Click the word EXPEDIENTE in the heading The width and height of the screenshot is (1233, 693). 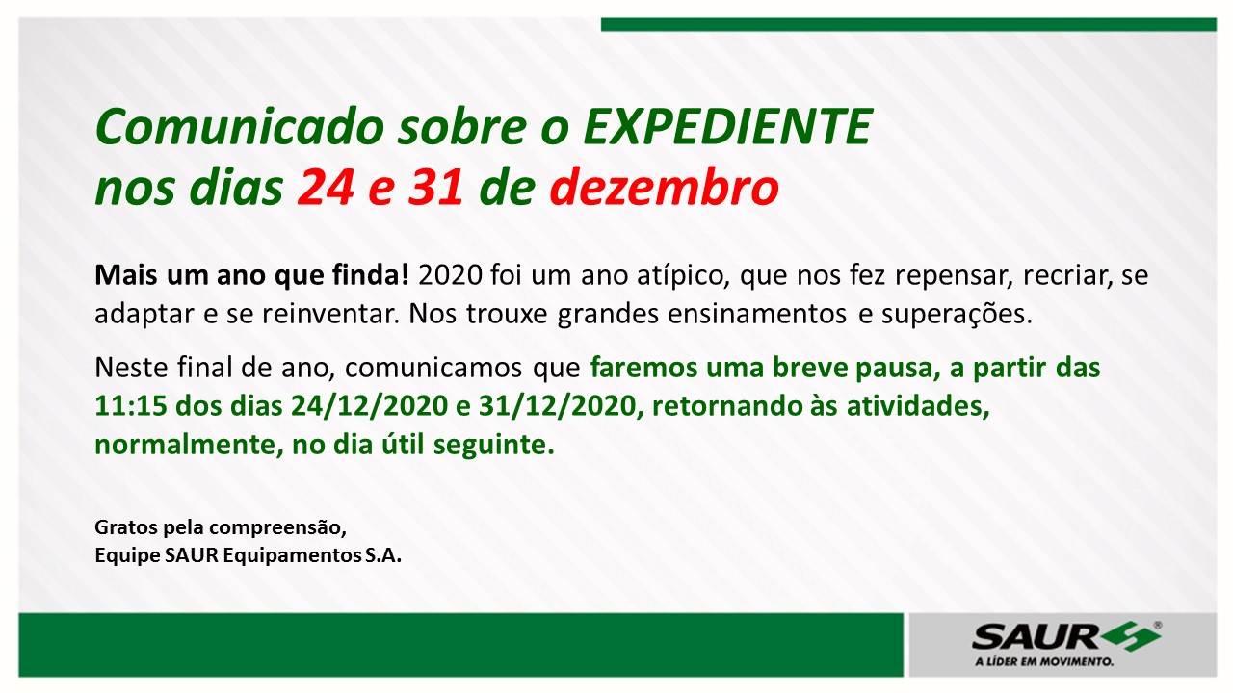pos(727,127)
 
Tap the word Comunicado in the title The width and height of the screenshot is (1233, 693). pos(240,127)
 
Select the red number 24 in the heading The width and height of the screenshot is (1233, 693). pos(326,188)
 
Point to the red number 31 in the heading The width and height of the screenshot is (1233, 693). pos(435,188)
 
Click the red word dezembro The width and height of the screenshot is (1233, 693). pos(665,188)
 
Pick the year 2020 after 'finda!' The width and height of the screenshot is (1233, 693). pos(450,275)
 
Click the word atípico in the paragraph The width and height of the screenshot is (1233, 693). pos(683,276)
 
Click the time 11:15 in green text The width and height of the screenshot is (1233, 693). pos(131,406)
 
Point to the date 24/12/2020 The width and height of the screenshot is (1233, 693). pos(369,406)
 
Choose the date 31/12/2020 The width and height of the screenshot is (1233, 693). pos(558,406)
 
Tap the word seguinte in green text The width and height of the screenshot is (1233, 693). pos(493,446)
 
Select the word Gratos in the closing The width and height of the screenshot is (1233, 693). pos(125,526)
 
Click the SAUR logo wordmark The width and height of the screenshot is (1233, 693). pos(1035,638)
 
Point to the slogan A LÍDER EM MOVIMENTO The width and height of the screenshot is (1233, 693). pos(1043,661)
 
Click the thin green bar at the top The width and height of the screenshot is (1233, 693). pos(908,25)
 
